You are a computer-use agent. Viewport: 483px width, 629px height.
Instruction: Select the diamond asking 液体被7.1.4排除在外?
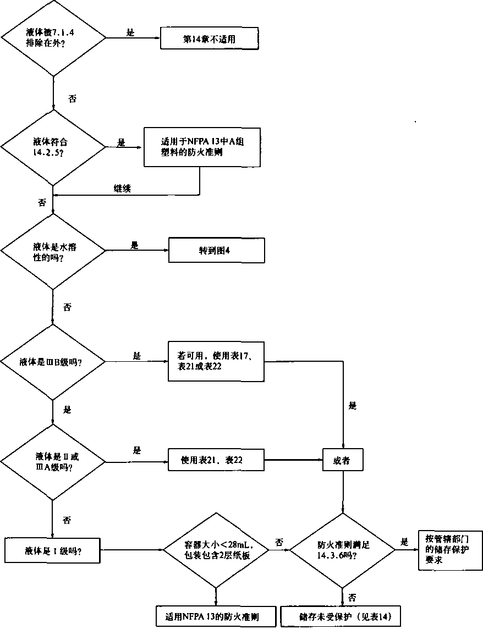tap(54, 38)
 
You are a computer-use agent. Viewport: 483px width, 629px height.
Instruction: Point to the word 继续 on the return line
tap(122, 187)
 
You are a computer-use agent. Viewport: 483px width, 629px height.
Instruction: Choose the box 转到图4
tap(216, 250)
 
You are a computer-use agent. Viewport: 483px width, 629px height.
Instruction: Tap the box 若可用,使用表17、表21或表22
tap(216, 361)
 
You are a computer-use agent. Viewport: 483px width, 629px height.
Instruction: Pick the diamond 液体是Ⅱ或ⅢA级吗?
tap(53, 460)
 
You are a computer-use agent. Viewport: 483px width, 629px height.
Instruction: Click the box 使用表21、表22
tap(216, 460)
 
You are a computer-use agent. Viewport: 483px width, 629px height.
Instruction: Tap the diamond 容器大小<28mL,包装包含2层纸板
tap(216, 549)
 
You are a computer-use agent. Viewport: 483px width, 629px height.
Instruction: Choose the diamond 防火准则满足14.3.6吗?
tap(342, 549)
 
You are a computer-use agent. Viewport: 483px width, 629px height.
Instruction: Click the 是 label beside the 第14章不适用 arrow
tap(130, 33)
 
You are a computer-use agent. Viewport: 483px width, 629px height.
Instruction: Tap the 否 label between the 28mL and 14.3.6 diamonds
tap(279, 543)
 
